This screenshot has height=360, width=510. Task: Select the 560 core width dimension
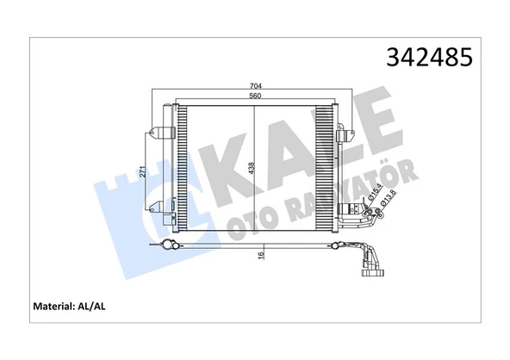(x=255, y=96)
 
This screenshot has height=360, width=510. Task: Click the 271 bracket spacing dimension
(x=142, y=171)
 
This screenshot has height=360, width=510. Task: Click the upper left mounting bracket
(x=160, y=133)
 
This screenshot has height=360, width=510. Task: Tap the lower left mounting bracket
(x=160, y=205)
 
